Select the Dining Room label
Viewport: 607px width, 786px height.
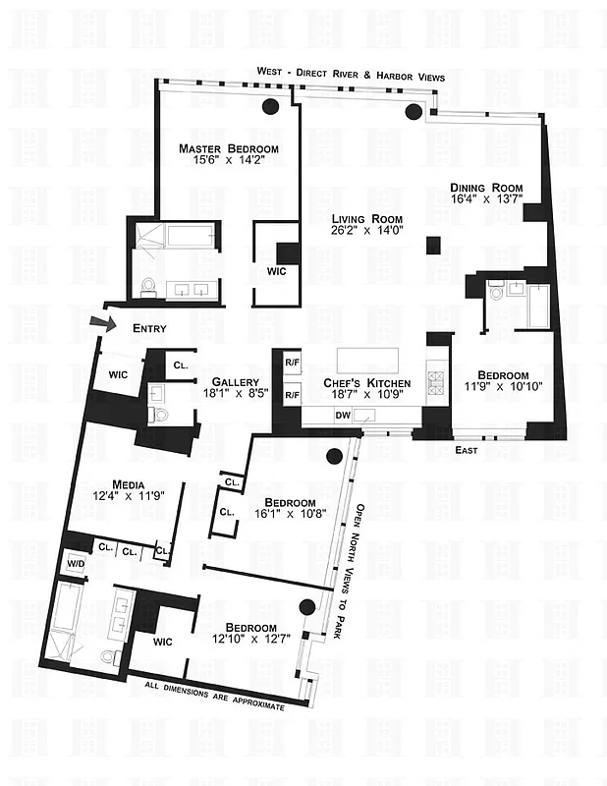click(486, 188)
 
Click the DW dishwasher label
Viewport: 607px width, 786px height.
click(343, 416)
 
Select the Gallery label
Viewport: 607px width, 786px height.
click(236, 382)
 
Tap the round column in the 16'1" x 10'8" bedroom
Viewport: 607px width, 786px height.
click(335, 456)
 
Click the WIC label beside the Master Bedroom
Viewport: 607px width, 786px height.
click(276, 272)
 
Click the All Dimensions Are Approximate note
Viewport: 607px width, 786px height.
click(214, 696)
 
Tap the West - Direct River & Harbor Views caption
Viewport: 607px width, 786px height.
click(351, 76)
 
